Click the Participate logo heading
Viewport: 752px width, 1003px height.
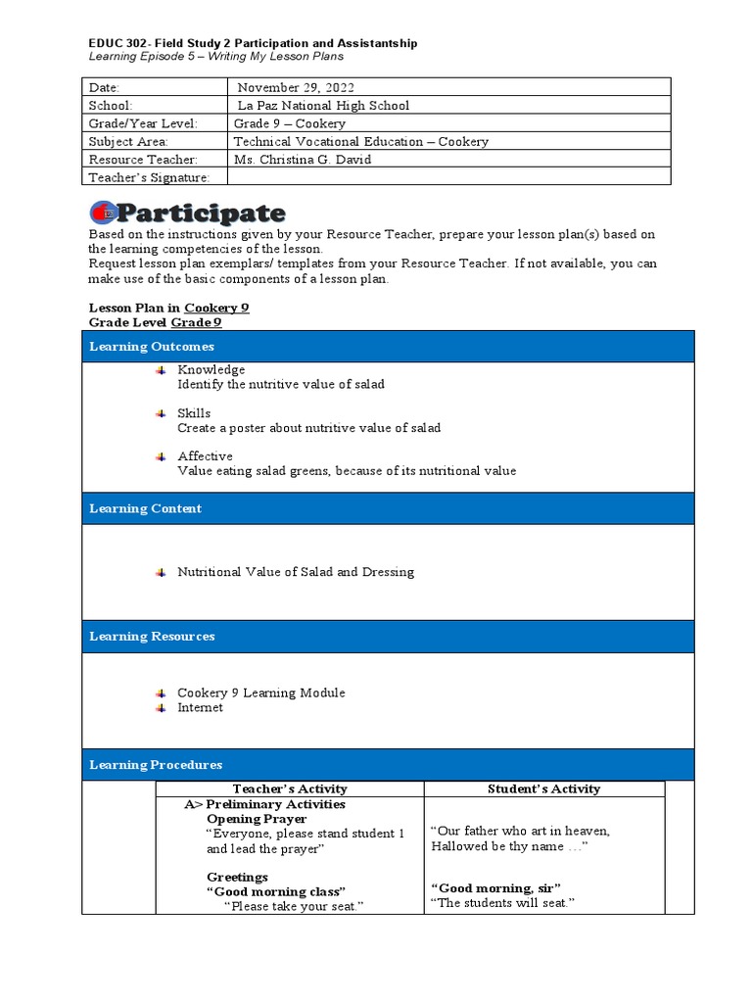[187, 213]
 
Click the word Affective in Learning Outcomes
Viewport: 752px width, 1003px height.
[205, 456]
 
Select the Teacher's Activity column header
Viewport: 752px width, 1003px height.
[289, 788]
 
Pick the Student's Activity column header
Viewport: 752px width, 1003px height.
[543, 788]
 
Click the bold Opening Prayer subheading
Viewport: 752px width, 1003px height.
[257, 818]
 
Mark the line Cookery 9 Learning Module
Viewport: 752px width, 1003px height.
[260, 693]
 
